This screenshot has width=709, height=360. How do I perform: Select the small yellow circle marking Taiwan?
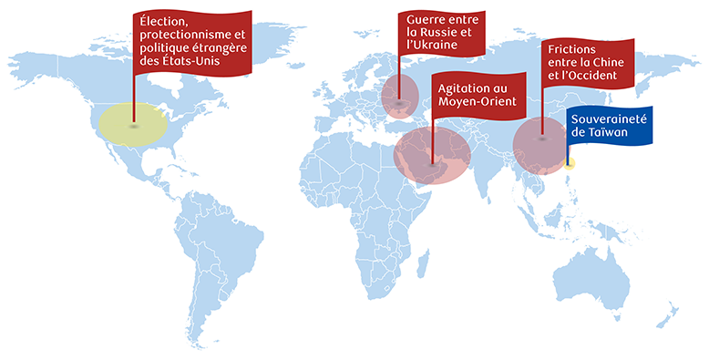click(570, 164)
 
